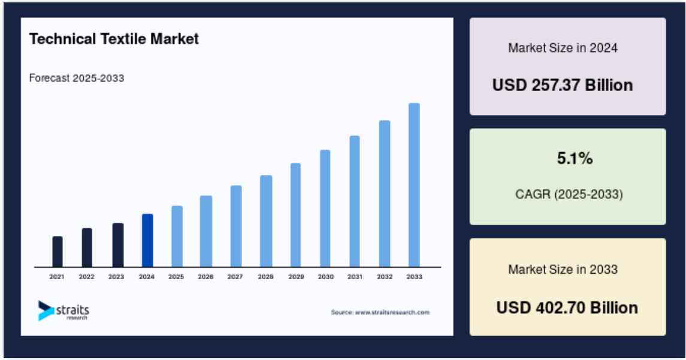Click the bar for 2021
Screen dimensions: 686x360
coord(58,252)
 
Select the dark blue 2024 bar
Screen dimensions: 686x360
coord(147,240)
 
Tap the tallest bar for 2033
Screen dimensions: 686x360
coord(414,185)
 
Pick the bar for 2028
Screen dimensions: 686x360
coord(266,221)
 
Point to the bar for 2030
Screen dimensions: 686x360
coord(325,208)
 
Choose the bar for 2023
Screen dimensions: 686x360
coord(117,245)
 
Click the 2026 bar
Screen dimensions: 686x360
coord(206,231)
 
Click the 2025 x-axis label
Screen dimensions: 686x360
coord(176,277)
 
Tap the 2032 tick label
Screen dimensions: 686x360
coord(385,277)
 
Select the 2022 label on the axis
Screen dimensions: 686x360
coord(87,277)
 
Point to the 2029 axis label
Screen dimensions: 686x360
coord(296,277)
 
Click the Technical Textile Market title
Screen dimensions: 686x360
coord(114,39)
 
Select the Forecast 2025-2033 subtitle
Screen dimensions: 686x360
coord(77,78)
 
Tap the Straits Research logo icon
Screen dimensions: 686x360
coord(46,310)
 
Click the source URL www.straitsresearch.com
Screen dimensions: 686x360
coord(392,312)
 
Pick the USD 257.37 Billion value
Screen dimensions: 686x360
coord(563,85)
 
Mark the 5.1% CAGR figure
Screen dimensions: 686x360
coord(575,158)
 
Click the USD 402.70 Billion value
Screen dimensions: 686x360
coord(567,307)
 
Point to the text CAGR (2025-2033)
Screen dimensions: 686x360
coord(569,194)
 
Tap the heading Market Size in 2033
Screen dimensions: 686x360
coord(563,270)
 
